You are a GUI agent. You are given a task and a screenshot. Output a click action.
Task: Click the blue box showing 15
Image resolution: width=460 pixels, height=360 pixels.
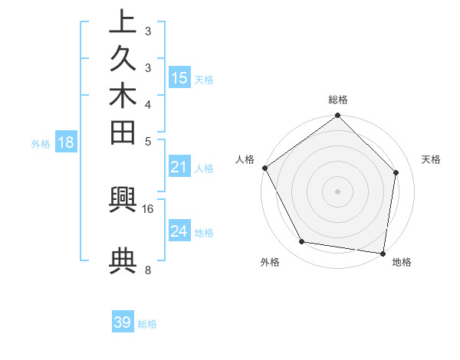179,77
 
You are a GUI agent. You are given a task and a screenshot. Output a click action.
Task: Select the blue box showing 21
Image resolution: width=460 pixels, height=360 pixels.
179,167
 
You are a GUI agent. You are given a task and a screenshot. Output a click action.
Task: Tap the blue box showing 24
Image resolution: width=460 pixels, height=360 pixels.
179,231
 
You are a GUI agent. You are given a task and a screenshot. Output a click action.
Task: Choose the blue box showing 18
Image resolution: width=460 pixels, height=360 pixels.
66,142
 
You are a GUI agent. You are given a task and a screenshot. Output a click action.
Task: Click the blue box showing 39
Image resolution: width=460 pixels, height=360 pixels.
123,322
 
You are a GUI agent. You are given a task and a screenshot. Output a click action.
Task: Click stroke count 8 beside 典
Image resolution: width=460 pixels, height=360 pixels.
147,270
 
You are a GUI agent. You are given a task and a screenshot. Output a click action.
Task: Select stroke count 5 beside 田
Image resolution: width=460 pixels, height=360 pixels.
147,141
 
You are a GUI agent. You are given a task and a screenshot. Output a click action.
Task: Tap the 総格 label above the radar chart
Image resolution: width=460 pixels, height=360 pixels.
338,100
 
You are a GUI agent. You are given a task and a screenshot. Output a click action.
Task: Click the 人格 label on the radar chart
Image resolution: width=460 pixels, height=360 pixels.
245,159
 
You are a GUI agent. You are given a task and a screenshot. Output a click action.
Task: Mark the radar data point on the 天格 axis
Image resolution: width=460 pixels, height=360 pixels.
396,172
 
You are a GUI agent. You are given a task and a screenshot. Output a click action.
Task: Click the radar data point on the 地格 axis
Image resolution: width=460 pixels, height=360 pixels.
383,252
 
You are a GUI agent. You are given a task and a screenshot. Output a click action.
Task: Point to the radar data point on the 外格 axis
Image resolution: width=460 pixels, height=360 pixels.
302,242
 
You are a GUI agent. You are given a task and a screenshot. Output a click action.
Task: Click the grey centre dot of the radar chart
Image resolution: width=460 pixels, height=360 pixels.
338,191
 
